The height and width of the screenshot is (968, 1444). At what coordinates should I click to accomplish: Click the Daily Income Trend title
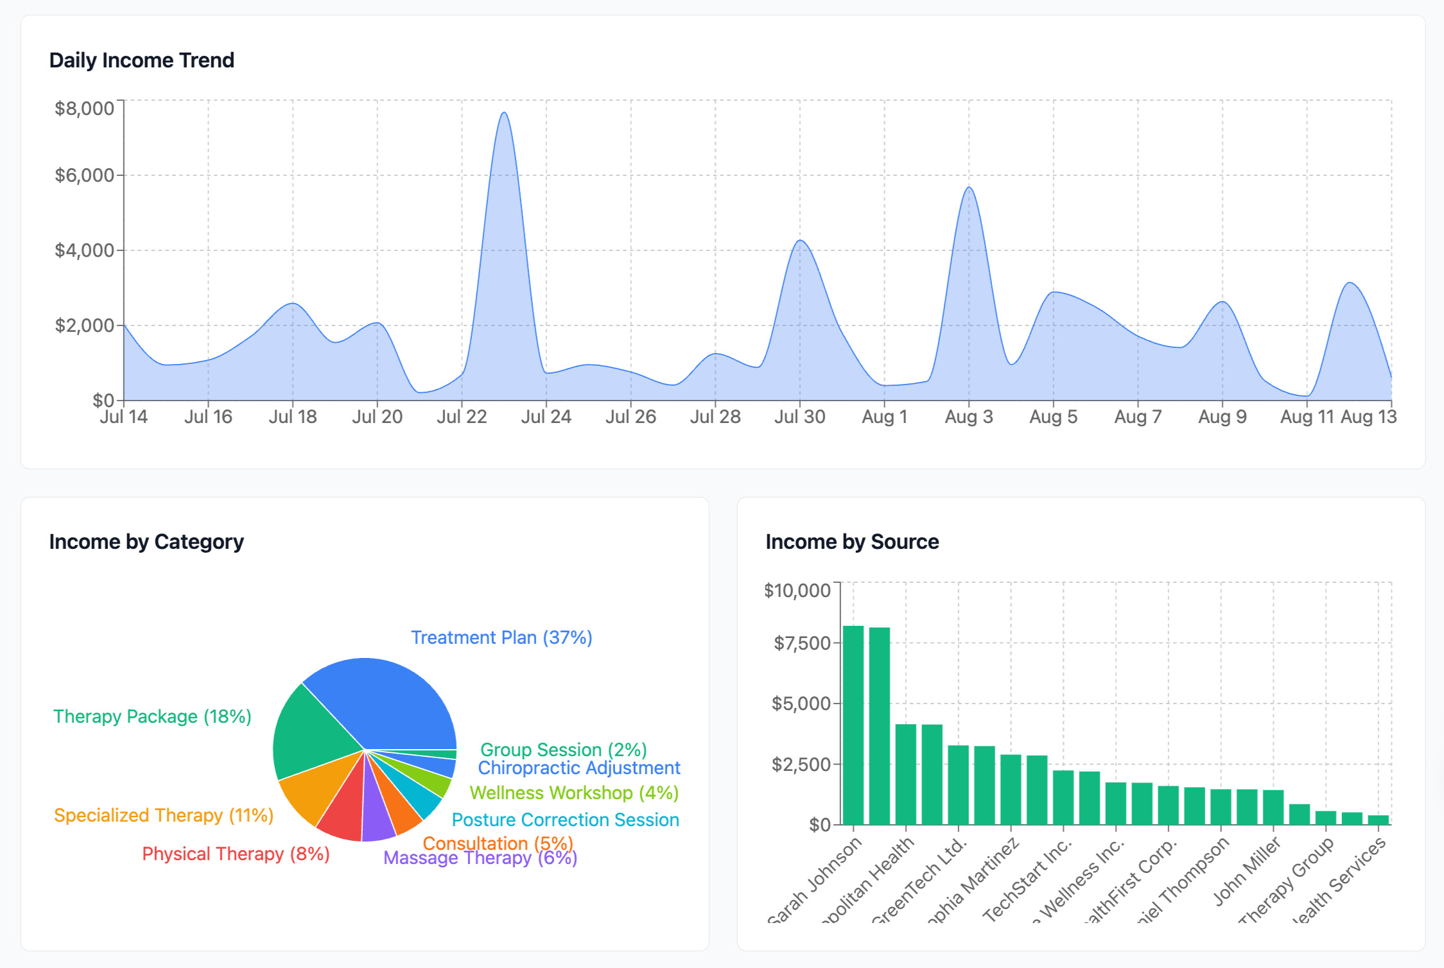point(141,60)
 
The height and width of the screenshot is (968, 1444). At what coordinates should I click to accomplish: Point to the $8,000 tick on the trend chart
point(85,108)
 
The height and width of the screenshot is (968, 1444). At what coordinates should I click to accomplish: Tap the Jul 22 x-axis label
point(462,417)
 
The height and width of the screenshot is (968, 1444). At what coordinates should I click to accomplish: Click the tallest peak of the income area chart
point(504,114)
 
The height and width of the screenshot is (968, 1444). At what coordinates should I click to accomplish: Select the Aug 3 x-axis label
point(968,417)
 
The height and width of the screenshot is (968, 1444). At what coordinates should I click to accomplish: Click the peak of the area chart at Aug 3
point(969,187)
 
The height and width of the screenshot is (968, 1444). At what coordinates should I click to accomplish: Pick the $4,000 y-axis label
point(85,250)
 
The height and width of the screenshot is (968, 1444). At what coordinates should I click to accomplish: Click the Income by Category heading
point(146,542)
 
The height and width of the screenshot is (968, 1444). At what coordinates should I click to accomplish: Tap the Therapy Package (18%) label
point(152,716)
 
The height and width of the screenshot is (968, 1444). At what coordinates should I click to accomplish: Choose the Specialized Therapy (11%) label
point(164,815)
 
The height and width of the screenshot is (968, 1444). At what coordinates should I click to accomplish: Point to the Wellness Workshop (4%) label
point(574,793)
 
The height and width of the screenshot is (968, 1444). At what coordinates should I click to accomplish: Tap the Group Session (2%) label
point(563,750)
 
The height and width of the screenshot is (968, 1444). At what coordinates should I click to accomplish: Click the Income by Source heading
point(852,542)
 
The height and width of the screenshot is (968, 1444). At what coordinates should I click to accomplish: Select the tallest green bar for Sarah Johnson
point(853,725)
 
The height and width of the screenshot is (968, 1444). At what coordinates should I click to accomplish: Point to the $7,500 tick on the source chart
point(802,643)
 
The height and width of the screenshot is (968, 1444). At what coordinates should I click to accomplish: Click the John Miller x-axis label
point(1246,872)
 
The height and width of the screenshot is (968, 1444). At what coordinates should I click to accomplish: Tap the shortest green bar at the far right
point(1378,820)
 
